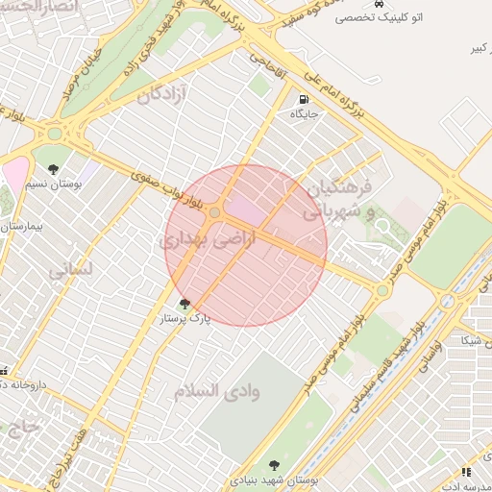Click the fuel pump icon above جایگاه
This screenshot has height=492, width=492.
304,99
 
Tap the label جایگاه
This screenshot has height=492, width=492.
304,114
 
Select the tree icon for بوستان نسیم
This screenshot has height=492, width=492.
53,170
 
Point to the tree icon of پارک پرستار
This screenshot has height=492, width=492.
184,304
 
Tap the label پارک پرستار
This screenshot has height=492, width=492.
184,317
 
